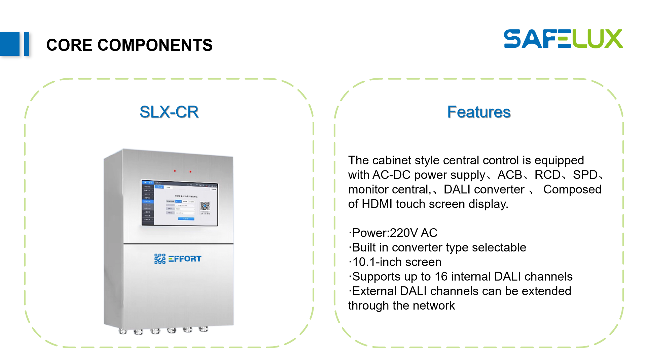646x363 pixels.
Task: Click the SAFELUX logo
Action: [563, 39]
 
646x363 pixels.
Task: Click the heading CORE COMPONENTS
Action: [129, 45]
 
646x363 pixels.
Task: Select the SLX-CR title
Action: [169, 112]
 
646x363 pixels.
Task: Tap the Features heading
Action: [478, 112]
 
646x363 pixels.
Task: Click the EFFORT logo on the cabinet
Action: [178, 258]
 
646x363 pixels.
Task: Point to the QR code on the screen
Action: [205, 206]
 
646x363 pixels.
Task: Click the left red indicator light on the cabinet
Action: [175, 171]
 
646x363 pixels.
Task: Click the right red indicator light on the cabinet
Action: [190, 171]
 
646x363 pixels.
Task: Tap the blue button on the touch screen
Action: [186, 218]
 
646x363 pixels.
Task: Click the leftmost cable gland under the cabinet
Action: [123, 331]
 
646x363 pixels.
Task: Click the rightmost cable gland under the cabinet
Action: [203, 329]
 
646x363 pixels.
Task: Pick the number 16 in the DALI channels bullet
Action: [441, 276]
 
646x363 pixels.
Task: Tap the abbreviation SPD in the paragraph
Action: [585, 175]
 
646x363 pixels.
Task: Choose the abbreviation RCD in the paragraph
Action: [547, 175]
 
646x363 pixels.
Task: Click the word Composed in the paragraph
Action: [572, 189]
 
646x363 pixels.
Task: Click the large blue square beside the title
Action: [10, 44]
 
